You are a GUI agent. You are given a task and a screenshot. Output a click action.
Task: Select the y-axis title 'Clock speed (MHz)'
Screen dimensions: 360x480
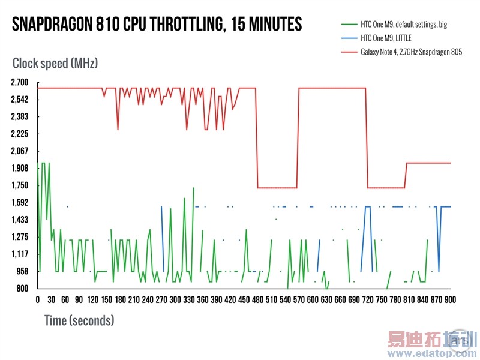(55, 62)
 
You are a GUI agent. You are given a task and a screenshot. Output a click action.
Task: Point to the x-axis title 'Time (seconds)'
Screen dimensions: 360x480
(79, 320)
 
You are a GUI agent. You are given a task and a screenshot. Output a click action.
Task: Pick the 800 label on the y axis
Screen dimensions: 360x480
(23, 289)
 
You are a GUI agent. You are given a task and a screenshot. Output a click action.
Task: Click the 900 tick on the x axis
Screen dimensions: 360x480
(450, 299)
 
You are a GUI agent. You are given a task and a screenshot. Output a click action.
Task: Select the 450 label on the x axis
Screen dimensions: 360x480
(244, 299)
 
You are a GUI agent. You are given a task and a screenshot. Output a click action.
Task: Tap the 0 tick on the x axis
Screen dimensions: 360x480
(38, 299)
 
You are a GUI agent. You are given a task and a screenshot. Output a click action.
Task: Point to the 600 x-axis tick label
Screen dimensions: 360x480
(313, 299)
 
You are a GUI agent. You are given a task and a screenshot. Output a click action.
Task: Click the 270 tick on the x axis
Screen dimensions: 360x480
(161, 299)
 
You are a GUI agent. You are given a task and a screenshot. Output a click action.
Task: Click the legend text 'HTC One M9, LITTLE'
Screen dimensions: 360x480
(386, 38)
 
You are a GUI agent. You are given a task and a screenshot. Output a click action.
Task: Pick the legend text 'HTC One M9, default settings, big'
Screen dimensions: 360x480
(403, 25)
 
